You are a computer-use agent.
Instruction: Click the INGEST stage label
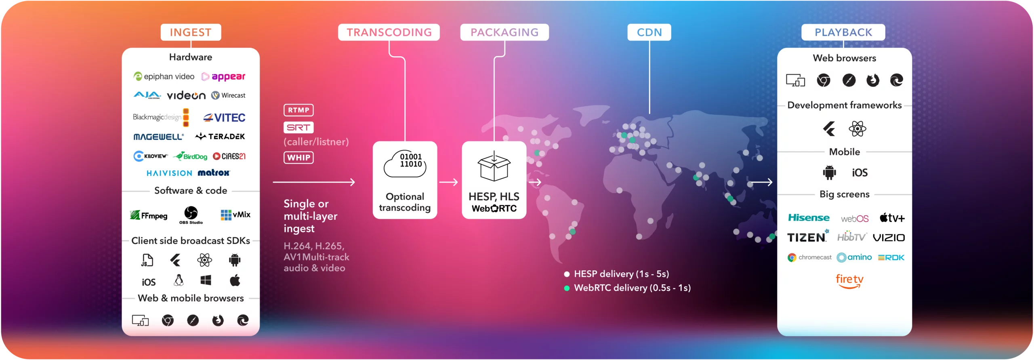pos(191,32)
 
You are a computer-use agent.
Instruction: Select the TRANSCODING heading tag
pos(389,32)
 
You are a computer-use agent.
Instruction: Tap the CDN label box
pos(649,32)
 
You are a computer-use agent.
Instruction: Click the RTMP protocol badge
pos(298,110)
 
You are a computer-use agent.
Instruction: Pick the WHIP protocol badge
pos(298,158)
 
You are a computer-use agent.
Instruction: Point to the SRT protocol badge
pos(298,128)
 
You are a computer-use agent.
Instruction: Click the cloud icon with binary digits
pos(405,164)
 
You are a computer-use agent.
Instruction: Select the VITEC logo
pos(224,118)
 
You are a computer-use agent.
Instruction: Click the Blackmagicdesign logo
pos(161,117)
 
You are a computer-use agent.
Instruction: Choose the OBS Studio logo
pos(191,215)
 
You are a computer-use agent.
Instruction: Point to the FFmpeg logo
pos(149,215)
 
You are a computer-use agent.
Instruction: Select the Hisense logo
pos(809,218)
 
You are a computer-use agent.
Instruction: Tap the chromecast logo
pos(809,257)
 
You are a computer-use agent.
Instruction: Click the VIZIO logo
pos(889,238)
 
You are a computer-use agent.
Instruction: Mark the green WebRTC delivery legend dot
pos(567,288)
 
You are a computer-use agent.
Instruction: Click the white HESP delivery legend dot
pos(567,274)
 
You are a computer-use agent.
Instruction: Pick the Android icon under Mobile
pos(829,173)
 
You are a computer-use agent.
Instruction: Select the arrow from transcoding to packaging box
pos(448,182)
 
